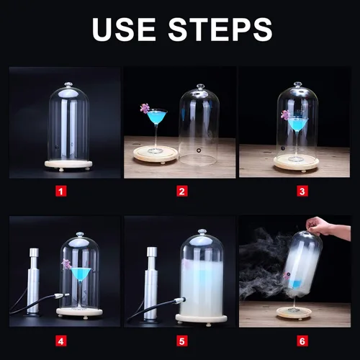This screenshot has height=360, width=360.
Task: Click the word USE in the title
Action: pyautogui.click(x=124, y=29)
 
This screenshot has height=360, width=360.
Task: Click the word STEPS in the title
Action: pyautogui.click(x=220, y=29)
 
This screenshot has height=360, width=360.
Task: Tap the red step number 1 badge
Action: pyautogui.click(x=61, y=192)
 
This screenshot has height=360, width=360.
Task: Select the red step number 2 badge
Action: pyautogui.click(x=182, y=192)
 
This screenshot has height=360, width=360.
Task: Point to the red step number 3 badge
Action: pyautogui.click(x=302, y=192)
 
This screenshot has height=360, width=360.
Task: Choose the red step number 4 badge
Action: pyautogui.click(x=61, y=341)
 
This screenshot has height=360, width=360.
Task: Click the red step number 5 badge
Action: pyautogui.click(x=182, y=341)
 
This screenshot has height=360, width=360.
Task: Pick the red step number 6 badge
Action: pyautogui.click(x=302, y=341)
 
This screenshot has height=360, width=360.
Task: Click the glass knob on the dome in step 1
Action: pyautogui.click(x=68, y=85)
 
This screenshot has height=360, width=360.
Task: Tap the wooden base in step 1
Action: pyautogui.click(x=68, y=165)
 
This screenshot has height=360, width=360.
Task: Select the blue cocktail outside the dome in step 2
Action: pyautogui.click(x=157, y=117)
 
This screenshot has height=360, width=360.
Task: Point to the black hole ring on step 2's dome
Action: pyautogui.click(x=199, y=150)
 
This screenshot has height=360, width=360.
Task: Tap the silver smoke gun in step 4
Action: pyautogui.click(x=33, y=282)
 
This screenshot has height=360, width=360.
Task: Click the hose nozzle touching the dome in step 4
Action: pyautogui.click(x=62, y=295)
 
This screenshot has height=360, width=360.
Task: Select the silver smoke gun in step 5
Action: pyautogui.click(x=151, y=282)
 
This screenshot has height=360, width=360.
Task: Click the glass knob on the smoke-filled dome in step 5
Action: pyautogui.click(x=202, y=232)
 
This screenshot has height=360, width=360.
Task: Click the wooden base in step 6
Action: pyautogui.click(x=294, y=312)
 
